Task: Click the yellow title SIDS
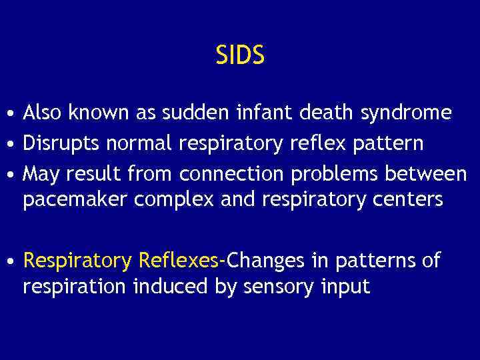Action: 240,55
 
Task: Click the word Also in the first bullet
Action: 42,113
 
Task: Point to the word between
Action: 429,175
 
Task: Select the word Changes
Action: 264,261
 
